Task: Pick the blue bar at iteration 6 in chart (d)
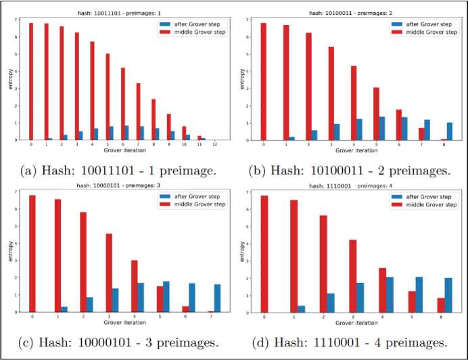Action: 447,295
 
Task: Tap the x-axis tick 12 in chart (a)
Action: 215,145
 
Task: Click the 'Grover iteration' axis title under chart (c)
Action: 120,323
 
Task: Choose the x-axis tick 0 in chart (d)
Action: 264,317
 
